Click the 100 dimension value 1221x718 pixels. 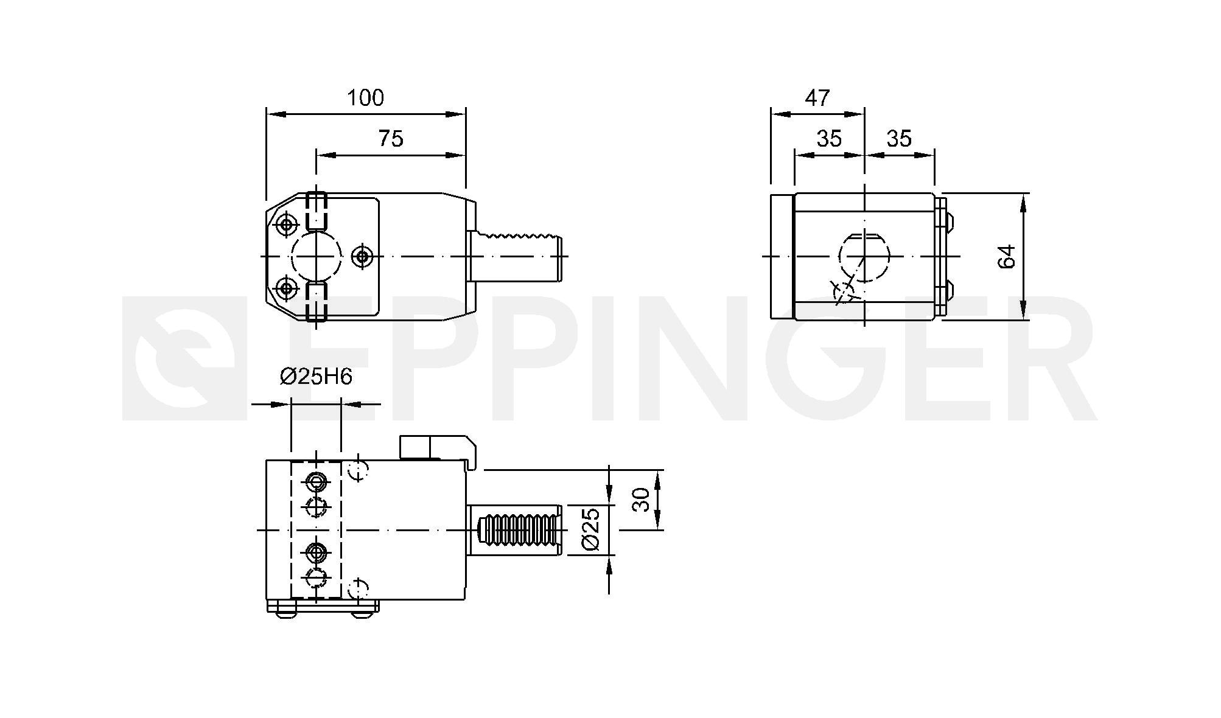(x=365, y=97)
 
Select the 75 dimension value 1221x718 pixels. (x=391, y=139)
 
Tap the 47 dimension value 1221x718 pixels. (x=817, y=97)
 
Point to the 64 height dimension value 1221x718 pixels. (x=1007, y=256)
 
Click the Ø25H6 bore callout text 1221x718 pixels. (x=316, y=377)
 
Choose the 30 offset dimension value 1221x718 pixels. (x=642, y=500)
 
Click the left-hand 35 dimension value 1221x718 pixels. (x=829, y=139)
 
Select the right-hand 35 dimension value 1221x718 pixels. (x=899, y=139)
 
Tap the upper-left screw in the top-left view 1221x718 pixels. (x=285, y=225)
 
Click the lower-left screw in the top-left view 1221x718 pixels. (x=285, y=287)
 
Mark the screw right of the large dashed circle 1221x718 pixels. (x=363, y=256)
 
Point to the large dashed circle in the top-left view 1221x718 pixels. (x=317, y=256)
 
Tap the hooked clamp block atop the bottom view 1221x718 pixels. (x=438, y=451)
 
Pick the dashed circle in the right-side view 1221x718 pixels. (x=864, y=256)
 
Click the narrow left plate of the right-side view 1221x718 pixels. (x=782, y=256)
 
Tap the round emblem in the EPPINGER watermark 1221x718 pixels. (x=185, y=358)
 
